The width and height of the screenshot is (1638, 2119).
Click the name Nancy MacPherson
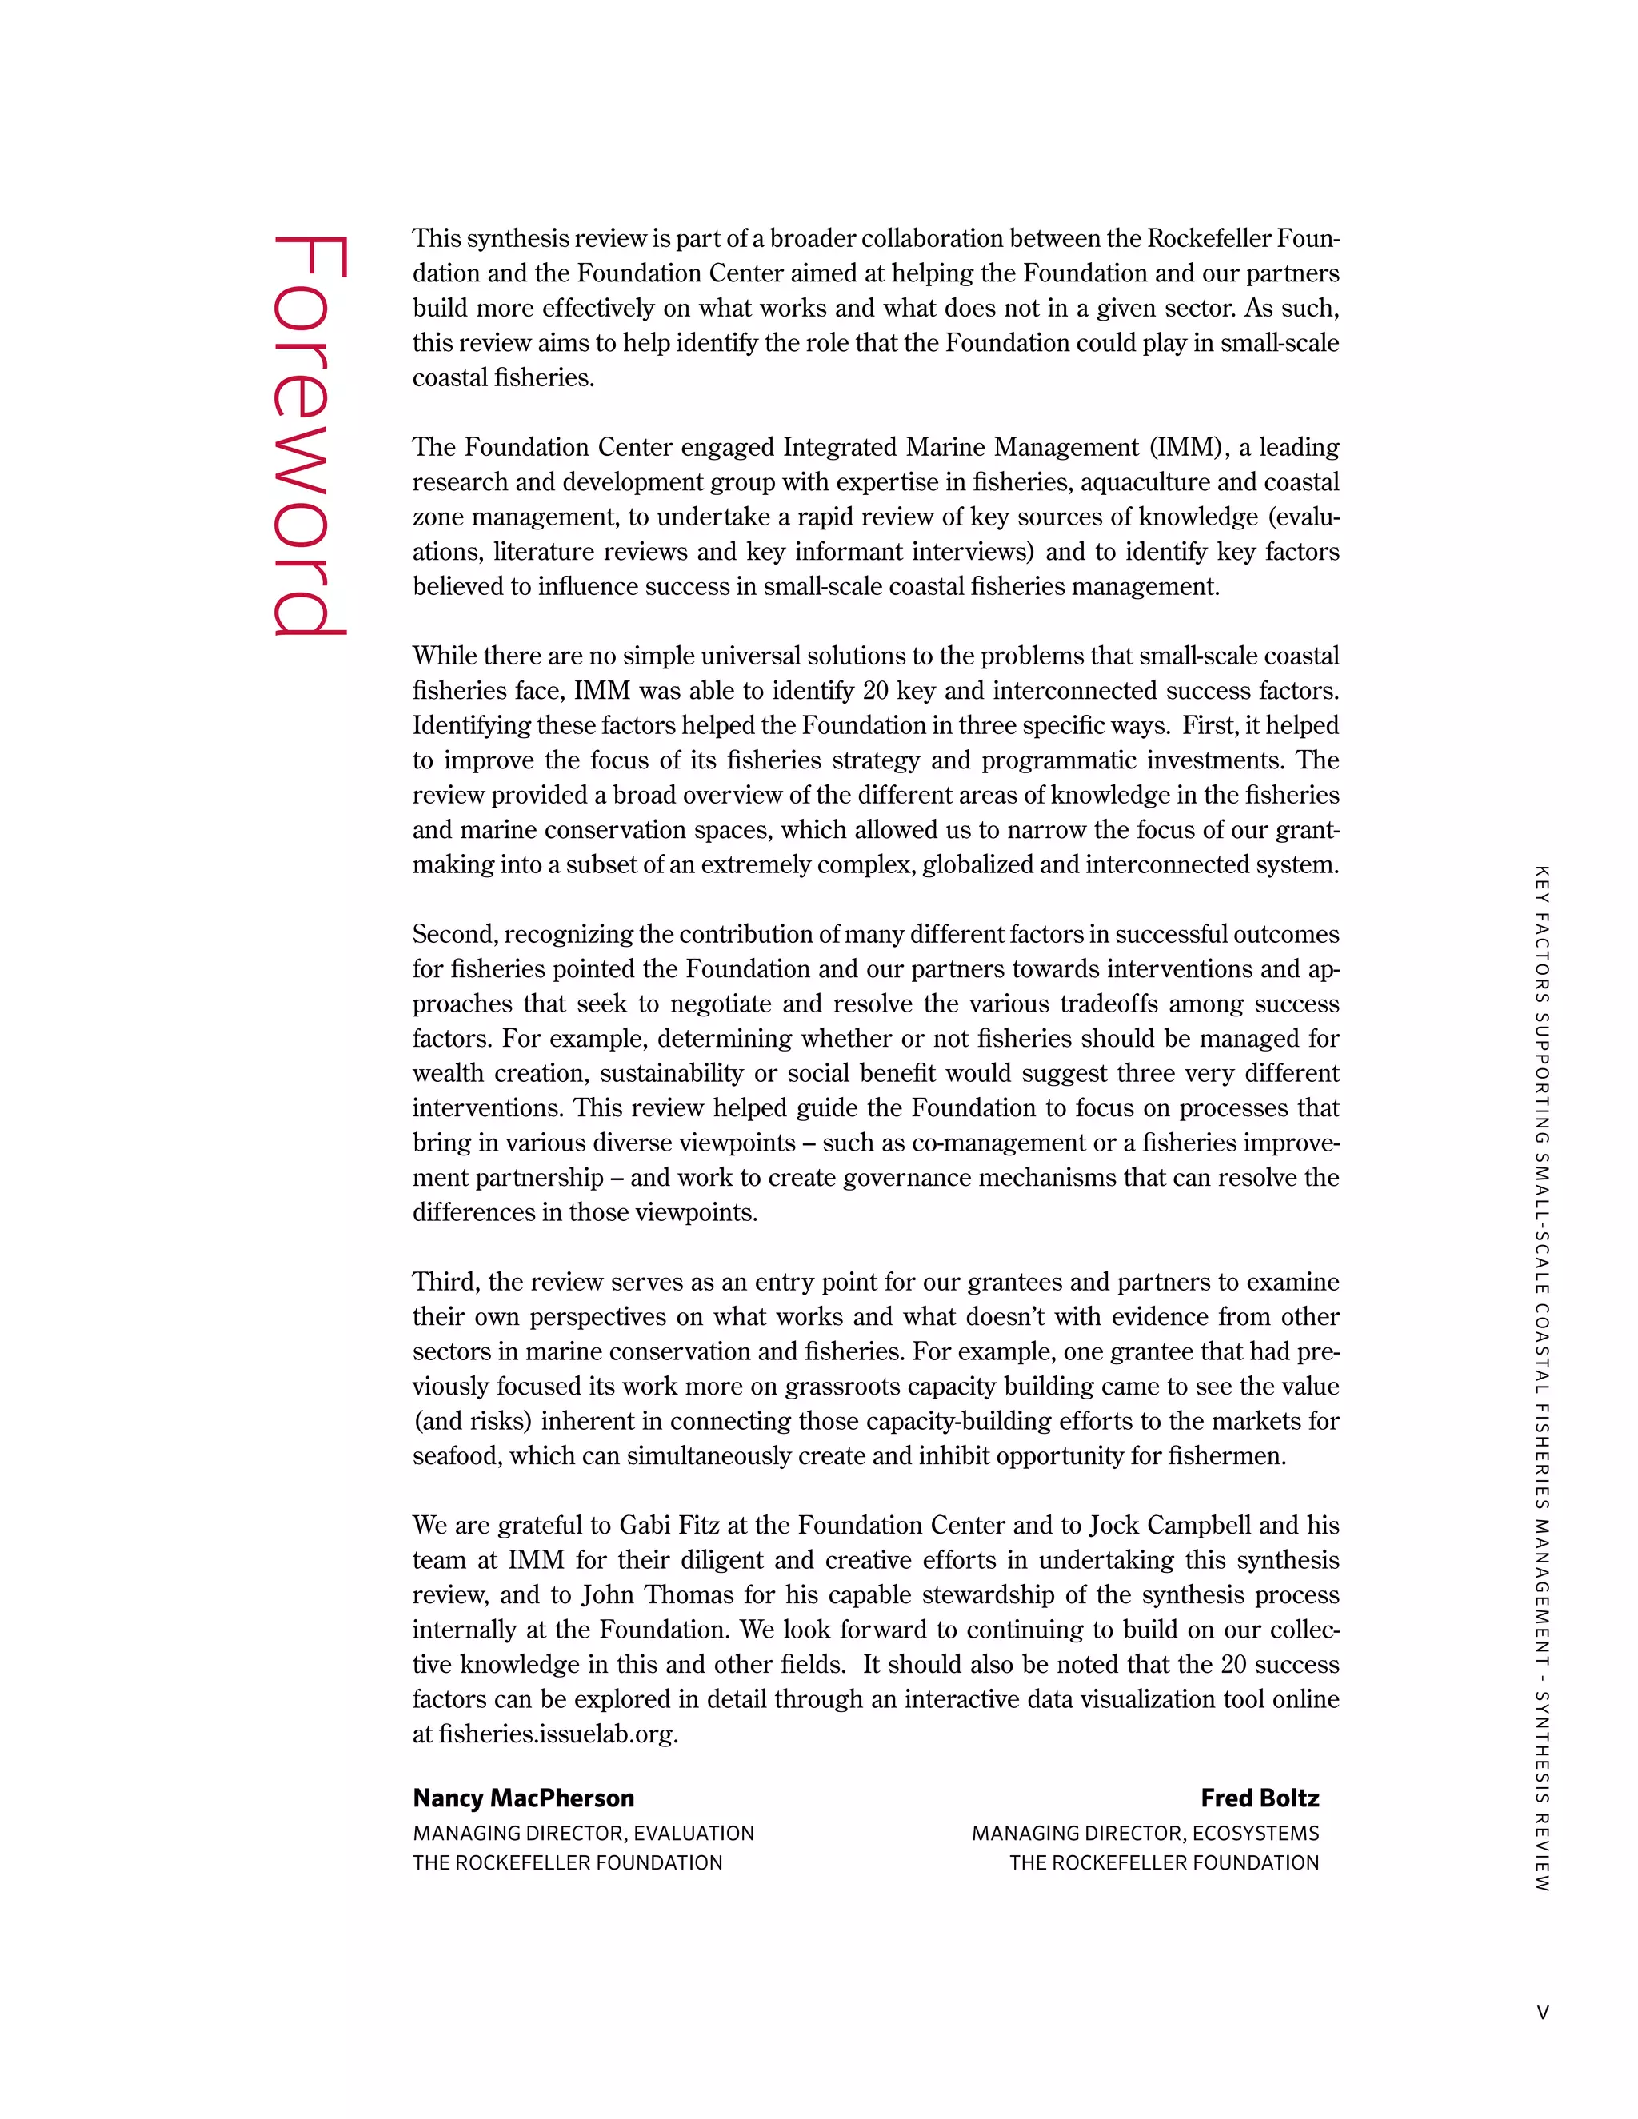(523, 1798)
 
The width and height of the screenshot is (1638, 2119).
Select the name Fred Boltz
(1259, 1798)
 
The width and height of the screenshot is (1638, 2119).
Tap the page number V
(1542, 2013)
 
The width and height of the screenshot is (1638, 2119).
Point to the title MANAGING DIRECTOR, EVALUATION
(583, 1833)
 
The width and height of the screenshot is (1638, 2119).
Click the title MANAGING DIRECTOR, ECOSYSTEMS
(1145, 1833)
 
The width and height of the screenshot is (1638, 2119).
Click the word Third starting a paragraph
(445, 1282)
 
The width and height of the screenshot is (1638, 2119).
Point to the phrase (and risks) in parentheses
(473, 1422)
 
